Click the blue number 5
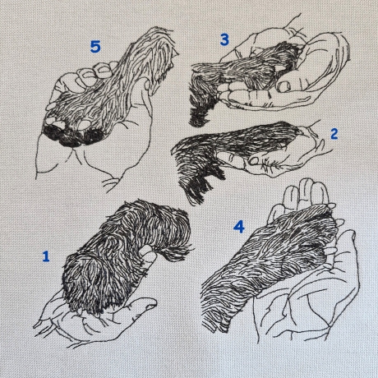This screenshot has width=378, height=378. point(95,47)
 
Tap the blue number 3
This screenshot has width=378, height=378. point(224,39)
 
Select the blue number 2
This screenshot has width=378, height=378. point(334,134)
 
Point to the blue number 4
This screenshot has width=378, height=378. point(239,227)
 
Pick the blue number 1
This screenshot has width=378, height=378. point(46,256)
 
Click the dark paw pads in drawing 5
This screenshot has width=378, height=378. point(73,136)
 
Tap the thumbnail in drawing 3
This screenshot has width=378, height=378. point(283,86)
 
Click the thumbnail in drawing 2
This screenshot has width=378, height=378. point(255,161)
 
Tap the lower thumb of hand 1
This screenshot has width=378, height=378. point(142,306)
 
